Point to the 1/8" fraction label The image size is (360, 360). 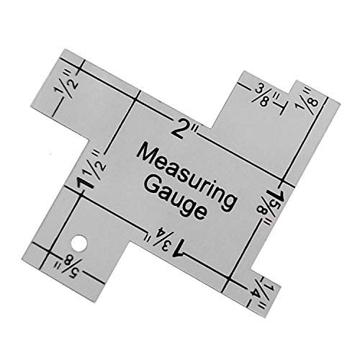click(x=307, y=99)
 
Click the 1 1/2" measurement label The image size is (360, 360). click(x=91, y=170)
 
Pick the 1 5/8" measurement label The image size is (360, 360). click(x=271, y=206)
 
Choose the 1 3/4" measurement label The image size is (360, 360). click(x=164, y=243)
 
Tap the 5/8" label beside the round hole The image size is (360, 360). click(x=69, y=266)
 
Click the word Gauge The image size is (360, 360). click(x=176, y=197)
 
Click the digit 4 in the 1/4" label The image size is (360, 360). click(x=254, y=292)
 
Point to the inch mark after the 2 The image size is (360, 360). click(x=194, y=130)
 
